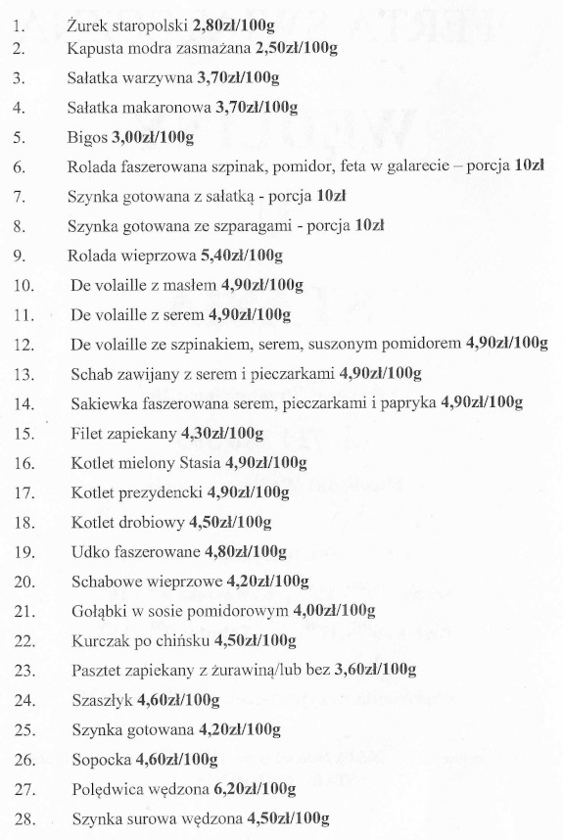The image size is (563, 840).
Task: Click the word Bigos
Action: click(x=87, y=137)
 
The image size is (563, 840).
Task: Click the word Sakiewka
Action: click(x=103, y=402)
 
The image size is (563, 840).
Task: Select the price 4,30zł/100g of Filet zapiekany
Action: click(x=222, y=432)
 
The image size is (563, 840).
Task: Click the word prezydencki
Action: click(x=157, y=490)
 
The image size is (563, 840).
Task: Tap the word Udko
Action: click(x=89, y=550)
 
